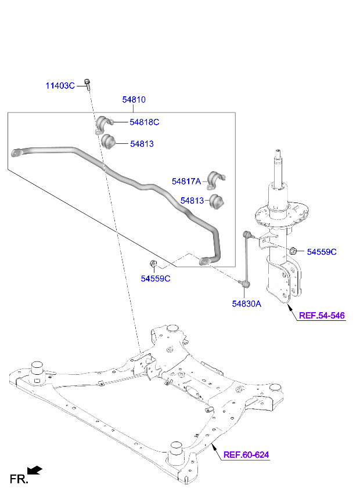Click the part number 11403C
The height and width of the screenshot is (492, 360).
pos(60,86)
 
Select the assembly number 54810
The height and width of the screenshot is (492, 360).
pos(134,100)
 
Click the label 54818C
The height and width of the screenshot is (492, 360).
pos(144,122)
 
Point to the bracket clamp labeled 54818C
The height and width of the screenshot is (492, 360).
pos(103,124)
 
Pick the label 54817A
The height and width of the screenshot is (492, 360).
pos(186,182)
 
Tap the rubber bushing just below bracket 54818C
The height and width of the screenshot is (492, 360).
pos(109,141)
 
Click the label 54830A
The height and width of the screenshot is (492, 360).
pos(247,303)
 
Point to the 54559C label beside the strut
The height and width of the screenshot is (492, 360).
pos(322,252)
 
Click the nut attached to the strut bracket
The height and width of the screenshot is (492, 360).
pos(294,251)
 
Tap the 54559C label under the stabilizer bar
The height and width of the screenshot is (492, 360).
pos(156,278)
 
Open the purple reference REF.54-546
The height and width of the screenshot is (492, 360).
pos(322,316)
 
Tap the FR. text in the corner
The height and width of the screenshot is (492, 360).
pos(17,479)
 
